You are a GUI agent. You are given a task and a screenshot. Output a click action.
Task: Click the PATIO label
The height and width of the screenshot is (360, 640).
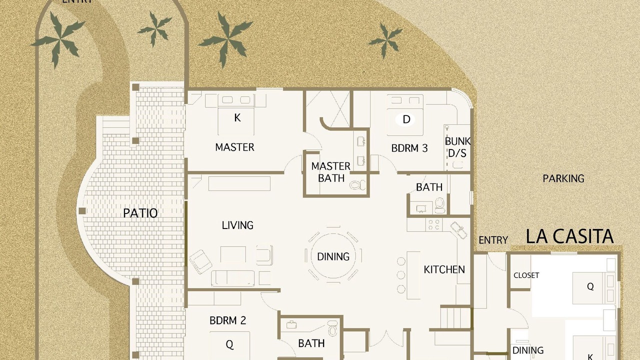point(140,213)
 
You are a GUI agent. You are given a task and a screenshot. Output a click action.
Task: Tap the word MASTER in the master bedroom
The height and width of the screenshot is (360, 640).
point(234,147)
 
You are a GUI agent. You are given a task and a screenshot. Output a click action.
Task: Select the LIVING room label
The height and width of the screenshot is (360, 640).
point(237,225)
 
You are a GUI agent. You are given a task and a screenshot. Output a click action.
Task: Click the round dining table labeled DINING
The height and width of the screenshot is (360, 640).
point(333,256)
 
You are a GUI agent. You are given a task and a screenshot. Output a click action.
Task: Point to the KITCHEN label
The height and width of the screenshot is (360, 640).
point(444,269)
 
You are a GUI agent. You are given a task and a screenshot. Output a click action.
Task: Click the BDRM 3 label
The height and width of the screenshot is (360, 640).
point(409,148)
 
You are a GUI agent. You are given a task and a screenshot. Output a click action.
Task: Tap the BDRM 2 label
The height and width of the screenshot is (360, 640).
point(227,320)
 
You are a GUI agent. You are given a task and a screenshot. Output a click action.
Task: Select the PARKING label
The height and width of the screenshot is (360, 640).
point(563,178)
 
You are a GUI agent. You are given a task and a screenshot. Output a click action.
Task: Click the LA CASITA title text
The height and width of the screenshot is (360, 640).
point(569,236)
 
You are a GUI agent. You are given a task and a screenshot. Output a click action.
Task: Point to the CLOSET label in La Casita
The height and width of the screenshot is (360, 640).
point(526,275)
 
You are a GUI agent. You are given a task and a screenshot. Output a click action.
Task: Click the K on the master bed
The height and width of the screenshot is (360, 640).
point(237,117)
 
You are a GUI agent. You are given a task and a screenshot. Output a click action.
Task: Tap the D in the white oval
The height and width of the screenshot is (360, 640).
point(406,119)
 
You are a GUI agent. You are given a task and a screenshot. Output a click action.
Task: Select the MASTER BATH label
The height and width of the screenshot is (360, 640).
point(331,172)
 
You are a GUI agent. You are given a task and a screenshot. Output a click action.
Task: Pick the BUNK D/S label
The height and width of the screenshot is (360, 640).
point(457,147)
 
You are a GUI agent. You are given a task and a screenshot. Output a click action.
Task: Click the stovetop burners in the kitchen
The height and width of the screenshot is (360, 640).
point(433,225)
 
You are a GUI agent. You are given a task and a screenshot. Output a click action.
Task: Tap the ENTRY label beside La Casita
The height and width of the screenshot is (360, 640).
point(493,240)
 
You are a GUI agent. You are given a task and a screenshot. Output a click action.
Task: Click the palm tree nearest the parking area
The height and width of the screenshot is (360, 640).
point(385,40)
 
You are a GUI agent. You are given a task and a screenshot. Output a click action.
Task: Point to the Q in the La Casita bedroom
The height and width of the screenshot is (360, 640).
point(590,286)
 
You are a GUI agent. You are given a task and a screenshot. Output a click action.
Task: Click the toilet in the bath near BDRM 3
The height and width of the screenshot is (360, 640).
point(439,205)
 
